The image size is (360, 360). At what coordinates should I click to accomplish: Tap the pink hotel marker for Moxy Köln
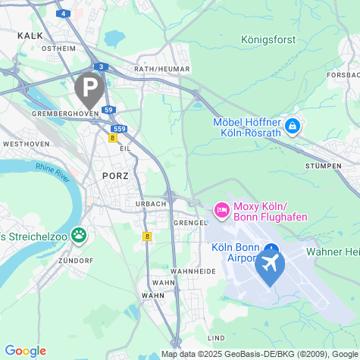(x=222, y=208)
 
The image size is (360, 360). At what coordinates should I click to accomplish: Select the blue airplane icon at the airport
(x=269, y=266)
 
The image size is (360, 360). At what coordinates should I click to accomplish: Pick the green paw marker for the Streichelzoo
(x=79, y=235)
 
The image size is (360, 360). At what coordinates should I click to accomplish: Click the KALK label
(x=30, y=35)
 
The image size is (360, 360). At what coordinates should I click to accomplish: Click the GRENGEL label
(x=190, y=223)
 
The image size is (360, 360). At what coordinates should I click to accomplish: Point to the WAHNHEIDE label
(x=189, y=271)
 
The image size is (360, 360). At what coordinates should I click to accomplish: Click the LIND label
(x=216, y=337)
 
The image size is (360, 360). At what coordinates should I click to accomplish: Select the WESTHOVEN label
(x=26, y=143)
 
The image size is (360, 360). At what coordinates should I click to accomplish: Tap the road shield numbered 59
(x=109, y=110)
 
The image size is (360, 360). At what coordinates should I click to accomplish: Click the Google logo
(x=25, y=351)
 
